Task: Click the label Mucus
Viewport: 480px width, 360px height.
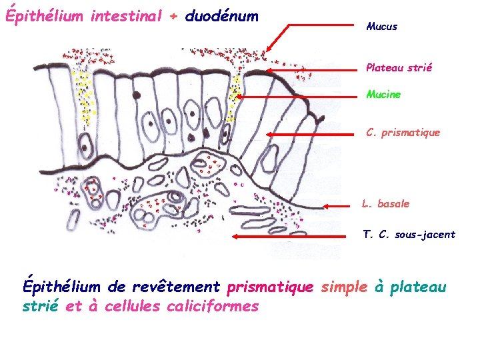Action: [381, 27]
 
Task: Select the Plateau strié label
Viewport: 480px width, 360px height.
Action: [399, 67]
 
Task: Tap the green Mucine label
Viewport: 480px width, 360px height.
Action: [383, 95]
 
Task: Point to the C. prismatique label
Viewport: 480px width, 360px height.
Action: [403, 133]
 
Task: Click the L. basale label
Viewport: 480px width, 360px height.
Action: [385, 204]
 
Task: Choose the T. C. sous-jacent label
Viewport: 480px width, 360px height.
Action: [409, 235]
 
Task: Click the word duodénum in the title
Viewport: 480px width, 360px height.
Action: [221, 15]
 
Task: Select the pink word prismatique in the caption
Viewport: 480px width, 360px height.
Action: [269, 287]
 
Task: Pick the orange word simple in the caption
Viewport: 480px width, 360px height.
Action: [343, 287]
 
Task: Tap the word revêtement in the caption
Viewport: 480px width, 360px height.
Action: [176, 287]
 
